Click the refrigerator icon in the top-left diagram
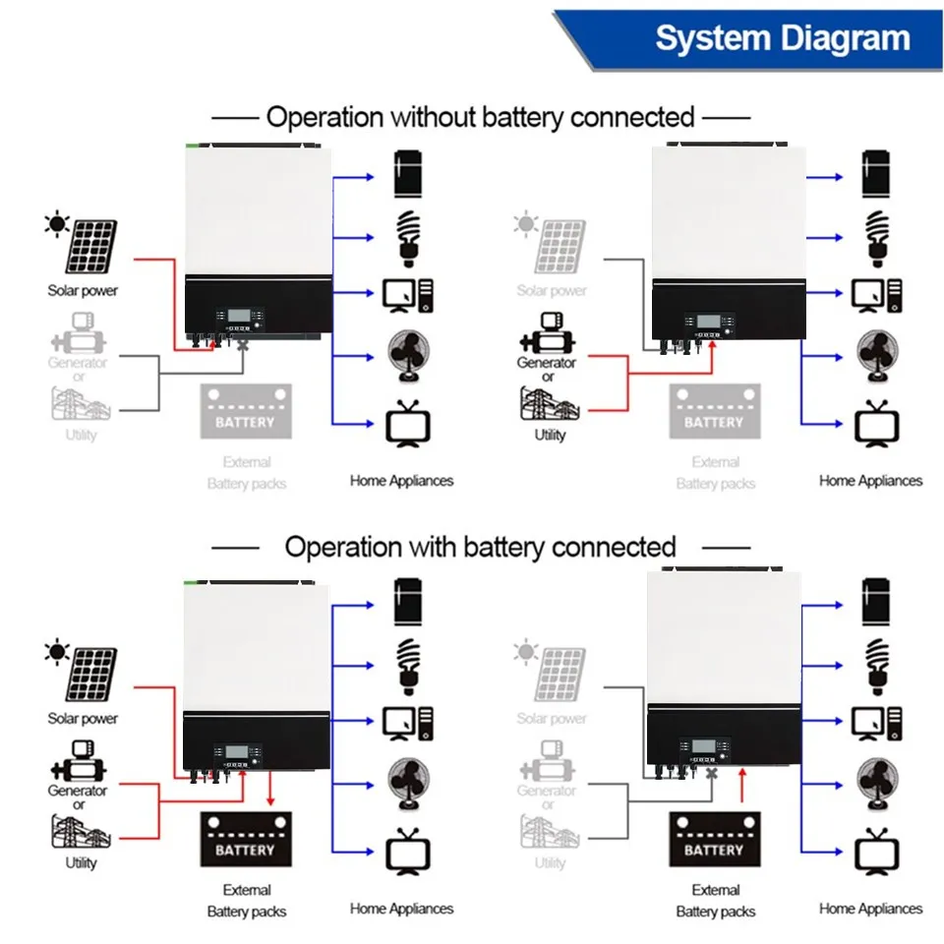(407, 176)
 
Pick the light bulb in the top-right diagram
(875, 237)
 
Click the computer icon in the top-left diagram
(407, 295)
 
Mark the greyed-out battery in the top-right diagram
(714, 411)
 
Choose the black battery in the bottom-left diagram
(245, 839)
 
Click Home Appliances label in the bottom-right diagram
(870, 909)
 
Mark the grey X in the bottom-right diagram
(713, 775)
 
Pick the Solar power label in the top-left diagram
(83, 290)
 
